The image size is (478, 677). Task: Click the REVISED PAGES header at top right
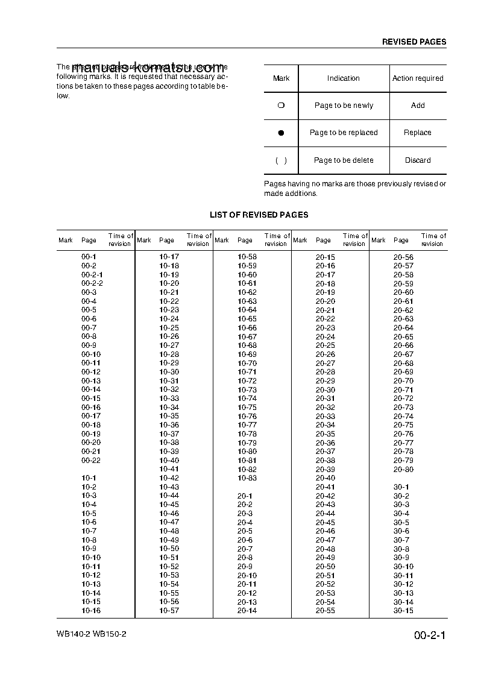point(414,42)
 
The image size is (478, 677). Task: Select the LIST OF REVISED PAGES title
point(259,215)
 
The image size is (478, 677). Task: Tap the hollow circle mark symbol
point(281,105)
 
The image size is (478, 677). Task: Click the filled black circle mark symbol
point(281,133)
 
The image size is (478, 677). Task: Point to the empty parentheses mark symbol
point(281,160)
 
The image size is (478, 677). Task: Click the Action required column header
point(418,78)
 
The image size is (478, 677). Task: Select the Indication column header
point(343,78)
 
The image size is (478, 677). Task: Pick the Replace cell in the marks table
point(418,133)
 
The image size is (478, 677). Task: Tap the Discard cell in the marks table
point(418,160)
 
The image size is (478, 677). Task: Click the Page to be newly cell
point(344,105)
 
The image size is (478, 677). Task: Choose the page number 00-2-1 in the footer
point(429,636)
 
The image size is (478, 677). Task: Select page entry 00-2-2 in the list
point(92,283)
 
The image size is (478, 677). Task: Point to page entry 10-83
point(247,478)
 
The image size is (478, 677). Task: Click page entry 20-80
point(403,470)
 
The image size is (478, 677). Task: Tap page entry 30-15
point(403,611)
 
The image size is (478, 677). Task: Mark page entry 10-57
point(169,611)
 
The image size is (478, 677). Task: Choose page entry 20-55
point(325,611)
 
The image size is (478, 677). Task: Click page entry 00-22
point(90,461)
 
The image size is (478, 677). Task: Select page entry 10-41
point(169,469)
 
